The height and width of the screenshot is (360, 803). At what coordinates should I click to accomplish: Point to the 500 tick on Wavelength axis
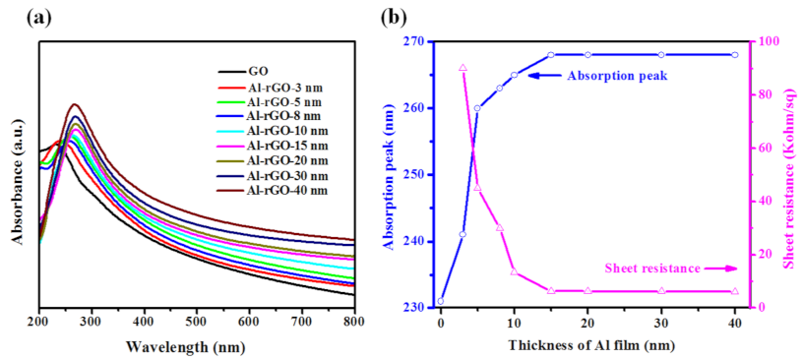pos(197,321)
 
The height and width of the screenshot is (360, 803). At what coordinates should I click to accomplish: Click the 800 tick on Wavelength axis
pos(354,321)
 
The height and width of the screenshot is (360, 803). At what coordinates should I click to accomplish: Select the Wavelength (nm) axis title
pos(197,345)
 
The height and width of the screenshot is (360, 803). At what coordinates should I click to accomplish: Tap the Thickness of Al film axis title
pos(587,345)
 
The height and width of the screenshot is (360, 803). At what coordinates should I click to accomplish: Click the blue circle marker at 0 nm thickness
pos(441,301)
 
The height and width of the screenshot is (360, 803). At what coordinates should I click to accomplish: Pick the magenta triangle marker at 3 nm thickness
pos(463,68)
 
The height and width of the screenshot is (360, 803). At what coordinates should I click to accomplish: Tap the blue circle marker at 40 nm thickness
pos(734,55)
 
